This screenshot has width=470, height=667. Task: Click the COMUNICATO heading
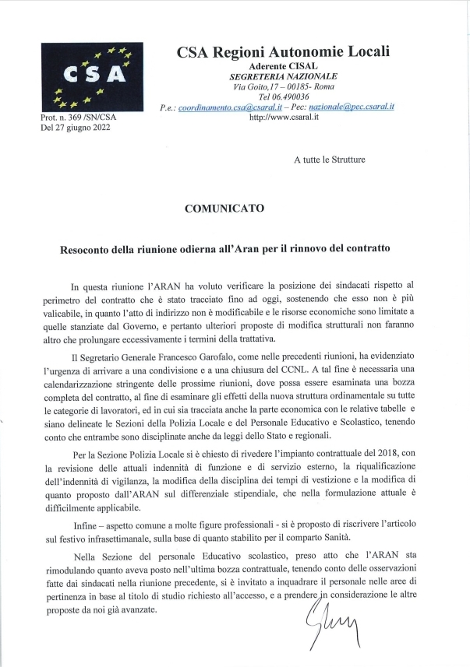(224, 209)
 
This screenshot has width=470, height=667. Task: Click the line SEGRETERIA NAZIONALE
(283, 76)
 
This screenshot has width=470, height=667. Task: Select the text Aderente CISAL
(283, 66)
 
